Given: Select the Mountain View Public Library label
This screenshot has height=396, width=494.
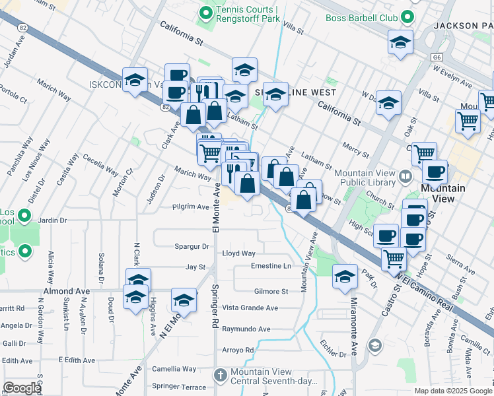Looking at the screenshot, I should pos(365,178).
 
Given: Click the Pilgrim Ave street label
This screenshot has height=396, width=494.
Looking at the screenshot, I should pos(190,207).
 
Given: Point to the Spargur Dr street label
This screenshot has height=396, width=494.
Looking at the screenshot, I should pos(192,246).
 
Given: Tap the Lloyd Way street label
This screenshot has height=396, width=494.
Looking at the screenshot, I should pos(238,253).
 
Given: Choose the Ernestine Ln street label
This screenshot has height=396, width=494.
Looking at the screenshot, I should pos(271,266).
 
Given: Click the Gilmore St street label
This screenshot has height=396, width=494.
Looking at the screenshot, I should pos(271,291).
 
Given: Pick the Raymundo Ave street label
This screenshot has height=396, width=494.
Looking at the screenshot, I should pos(246,329).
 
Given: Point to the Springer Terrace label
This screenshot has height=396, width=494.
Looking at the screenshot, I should pos(179,385).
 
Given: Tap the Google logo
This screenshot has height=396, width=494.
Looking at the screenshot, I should pos(22,388).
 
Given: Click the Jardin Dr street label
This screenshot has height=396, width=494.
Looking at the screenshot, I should pos(53,220).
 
